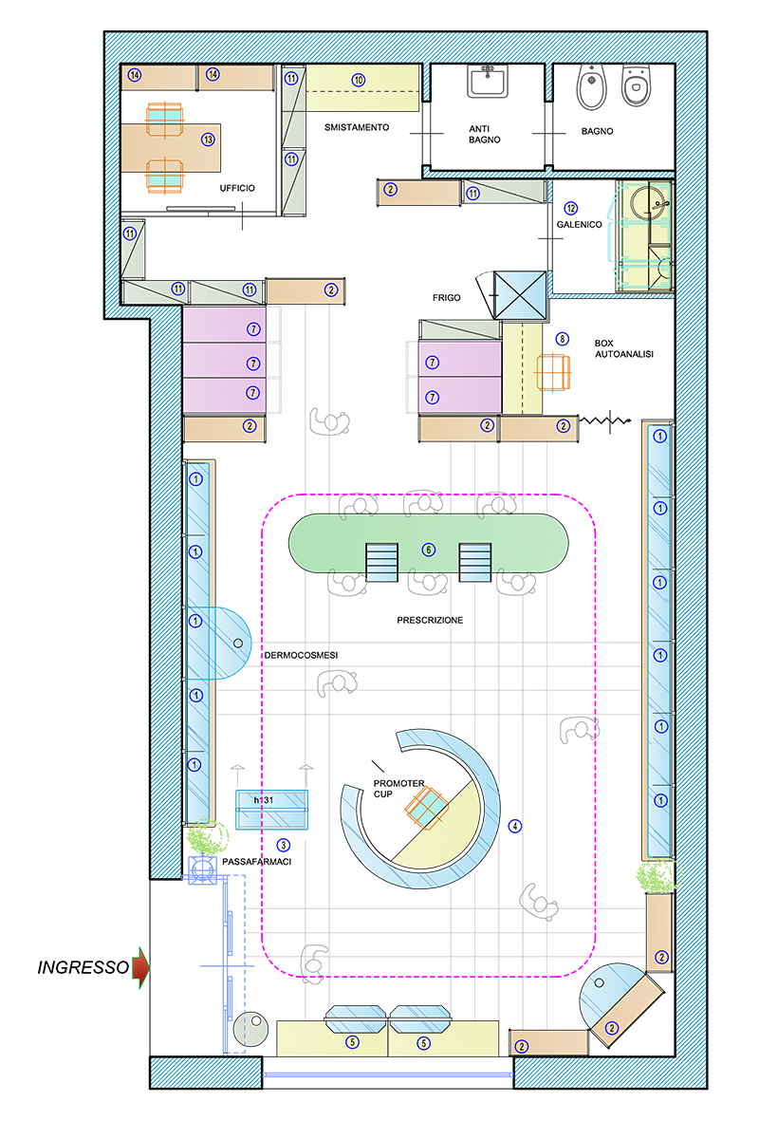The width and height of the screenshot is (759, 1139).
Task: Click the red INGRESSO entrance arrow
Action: pos(140,967)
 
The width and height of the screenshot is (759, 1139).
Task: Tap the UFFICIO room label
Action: pos(237,188)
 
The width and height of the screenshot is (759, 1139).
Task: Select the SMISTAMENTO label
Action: pos(357,127)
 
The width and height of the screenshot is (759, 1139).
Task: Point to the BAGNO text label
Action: pos(598,131)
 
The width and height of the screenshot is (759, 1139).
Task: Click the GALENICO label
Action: pos(579,224)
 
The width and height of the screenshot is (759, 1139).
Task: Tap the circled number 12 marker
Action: pos(571,209)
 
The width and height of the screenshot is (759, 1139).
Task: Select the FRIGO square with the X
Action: pos(520,295)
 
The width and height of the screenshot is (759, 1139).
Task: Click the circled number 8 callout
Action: pos(562,339)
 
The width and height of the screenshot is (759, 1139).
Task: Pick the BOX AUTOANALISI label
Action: pos(624,349)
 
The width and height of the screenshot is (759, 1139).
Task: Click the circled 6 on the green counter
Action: pos(429,550)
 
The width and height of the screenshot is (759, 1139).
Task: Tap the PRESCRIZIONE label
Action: pos(430,621)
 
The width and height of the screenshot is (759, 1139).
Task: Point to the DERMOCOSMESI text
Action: pos(301,656)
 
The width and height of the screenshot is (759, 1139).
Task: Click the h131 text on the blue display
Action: pos(264,800)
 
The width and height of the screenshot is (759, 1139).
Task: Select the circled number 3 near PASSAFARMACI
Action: pos(283,845)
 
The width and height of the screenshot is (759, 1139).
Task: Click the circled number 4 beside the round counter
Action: pos(515,827)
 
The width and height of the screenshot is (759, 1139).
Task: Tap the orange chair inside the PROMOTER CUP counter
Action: pos(427,808)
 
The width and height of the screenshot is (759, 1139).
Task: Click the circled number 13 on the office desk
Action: pos(208,140)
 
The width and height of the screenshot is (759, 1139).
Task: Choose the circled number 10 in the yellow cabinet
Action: pos(359,80)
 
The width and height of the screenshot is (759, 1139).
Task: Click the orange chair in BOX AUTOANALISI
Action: pos(552,373)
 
